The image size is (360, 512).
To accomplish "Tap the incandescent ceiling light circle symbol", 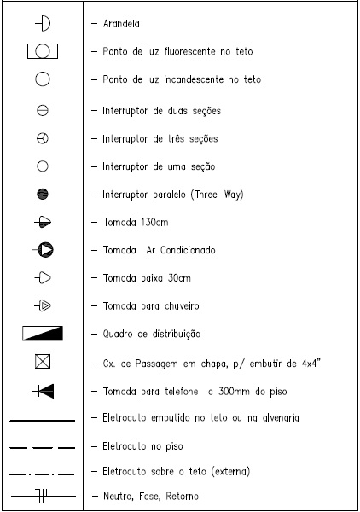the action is pyautogui.click(x=43, y=79).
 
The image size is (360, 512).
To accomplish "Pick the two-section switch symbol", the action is pyautogui.click(x=43, y=110).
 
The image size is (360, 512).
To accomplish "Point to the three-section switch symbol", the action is pyautogui.click(x=43, y=138).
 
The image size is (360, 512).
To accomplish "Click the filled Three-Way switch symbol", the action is pyautogui.click(x=43, y=195).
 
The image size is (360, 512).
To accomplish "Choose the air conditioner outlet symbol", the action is pyautogui.click(x=44, y=250).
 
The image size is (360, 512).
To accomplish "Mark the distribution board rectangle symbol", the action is pyautogui.click(x=43, y=333).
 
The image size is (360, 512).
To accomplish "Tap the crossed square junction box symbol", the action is pyautogui.click(x=43, y=362).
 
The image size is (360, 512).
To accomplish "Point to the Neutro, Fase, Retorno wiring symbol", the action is pyautogui.click(x=43, y=495).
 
